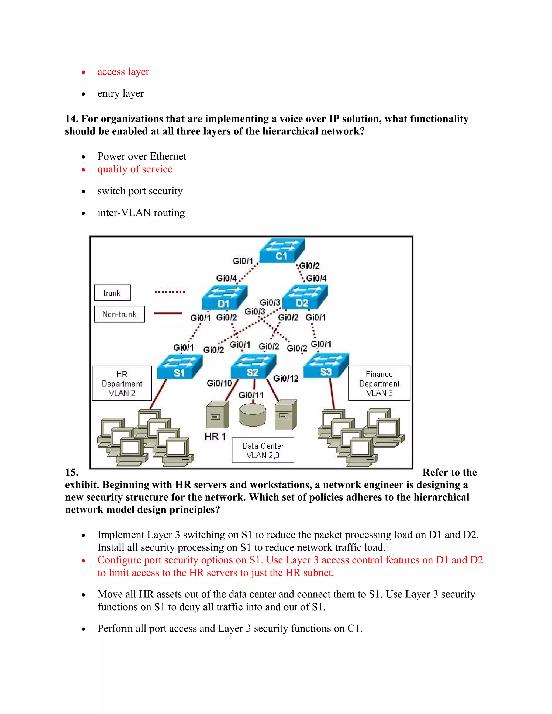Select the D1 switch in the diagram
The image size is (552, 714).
[x=224, y=298]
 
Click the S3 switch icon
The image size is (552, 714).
[x=326, y=366]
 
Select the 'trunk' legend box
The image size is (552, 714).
[x=112, y=293]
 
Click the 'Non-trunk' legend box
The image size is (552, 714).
[x=119, y=314]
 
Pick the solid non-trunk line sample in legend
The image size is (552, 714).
[x=168, y=313]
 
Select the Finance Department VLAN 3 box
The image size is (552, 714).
[x=379, y=383]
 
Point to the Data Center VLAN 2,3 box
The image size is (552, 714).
[x=263, y=450]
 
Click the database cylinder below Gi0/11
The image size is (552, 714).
[x=253, y=415]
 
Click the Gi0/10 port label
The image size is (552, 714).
[x=219, y=383]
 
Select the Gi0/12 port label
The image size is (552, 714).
[x=286, y=379]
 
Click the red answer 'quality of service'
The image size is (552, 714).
[x=135, y=169]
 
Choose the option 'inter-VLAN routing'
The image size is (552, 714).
[x=141, y=213]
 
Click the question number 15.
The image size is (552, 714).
[x=72, y=472]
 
